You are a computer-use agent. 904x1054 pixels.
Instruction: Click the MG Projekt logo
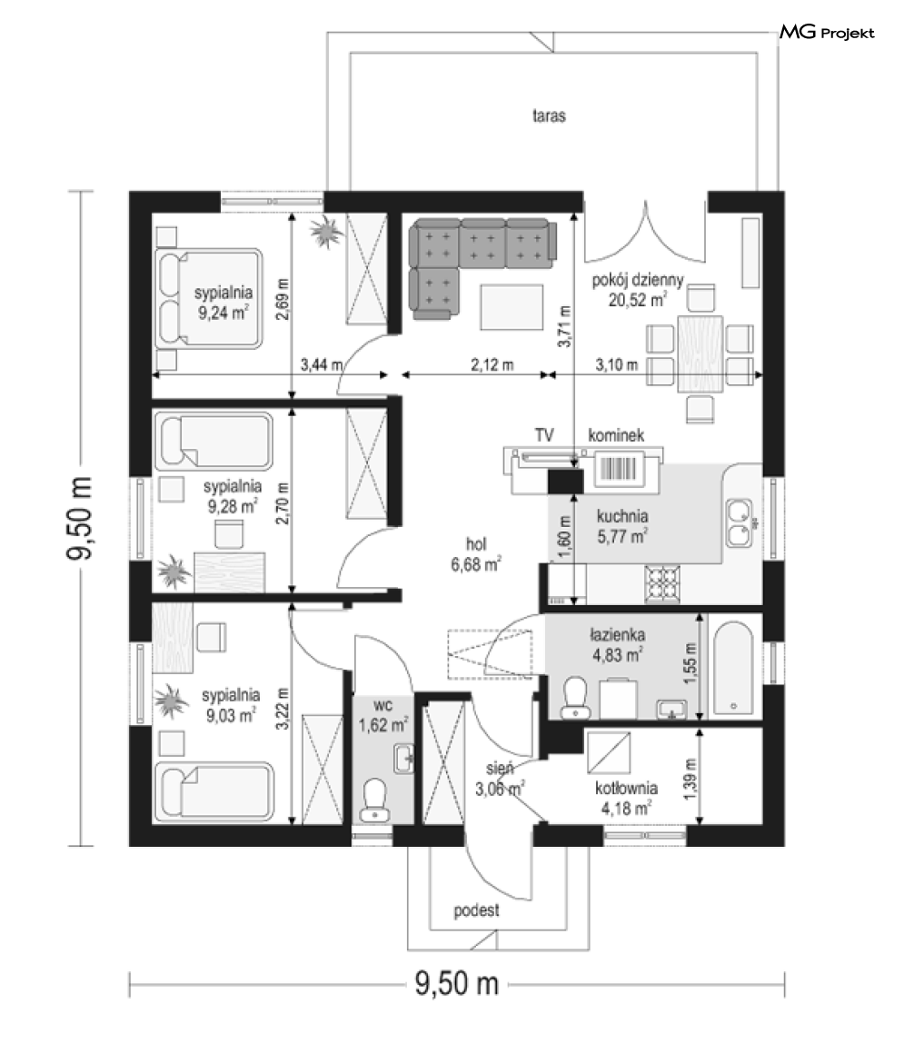(827, 32)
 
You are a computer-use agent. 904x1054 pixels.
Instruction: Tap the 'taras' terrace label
(549, 115)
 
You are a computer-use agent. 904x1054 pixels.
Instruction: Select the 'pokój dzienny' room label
(637, 280)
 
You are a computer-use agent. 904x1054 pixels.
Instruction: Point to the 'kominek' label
(616, 435)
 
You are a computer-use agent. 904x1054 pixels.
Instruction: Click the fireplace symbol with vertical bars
(619, 468)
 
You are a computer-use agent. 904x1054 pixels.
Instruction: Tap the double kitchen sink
(740, 522)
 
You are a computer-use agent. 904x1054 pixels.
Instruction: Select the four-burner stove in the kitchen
(662, 582)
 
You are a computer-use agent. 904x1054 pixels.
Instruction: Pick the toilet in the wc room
(374, 800)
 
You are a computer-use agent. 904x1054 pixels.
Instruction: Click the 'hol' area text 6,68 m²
(476, 564)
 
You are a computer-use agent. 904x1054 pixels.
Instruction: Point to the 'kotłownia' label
(626, 788)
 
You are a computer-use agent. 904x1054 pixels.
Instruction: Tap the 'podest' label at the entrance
(477, 910)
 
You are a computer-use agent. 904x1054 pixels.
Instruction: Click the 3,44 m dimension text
(322, 365)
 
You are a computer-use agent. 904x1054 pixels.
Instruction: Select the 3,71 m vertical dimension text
(564, 326)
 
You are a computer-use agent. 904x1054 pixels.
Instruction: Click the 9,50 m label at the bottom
(456, 983)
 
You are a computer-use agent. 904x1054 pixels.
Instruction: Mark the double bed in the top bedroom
(209, 298)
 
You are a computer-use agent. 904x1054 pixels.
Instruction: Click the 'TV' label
(544, 435)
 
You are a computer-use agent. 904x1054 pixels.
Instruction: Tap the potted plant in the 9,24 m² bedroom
(327, 232)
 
